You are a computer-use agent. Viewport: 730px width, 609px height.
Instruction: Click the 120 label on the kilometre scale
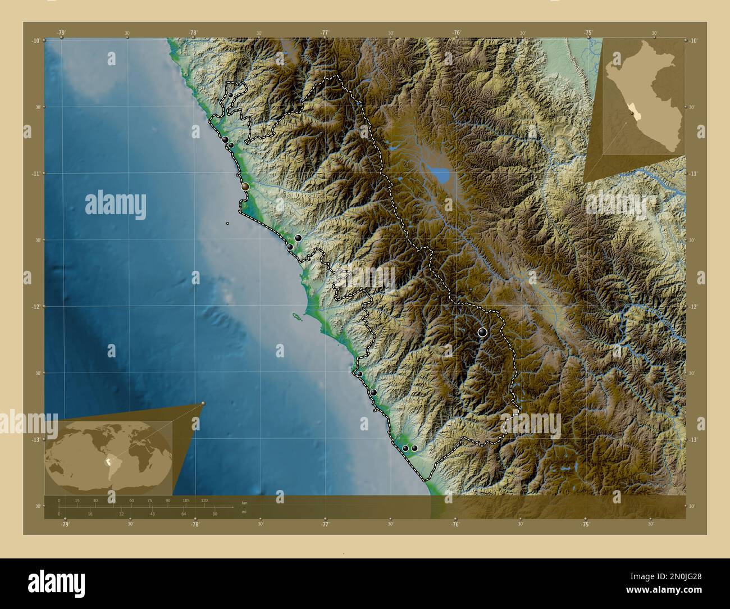[x=204, y=500]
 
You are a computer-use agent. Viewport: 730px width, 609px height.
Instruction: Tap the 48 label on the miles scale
[x=152, y=513]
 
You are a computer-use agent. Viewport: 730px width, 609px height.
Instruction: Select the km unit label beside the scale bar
[x=244, y=502]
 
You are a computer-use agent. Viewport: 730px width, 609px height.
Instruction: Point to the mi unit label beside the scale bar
[x=243, y=512]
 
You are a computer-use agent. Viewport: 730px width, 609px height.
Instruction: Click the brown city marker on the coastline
[x=245, y=186]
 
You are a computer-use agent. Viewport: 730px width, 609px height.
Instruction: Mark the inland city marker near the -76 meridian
[x=482, y=332]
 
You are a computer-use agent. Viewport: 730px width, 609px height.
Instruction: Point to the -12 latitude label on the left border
[x=35, y=306]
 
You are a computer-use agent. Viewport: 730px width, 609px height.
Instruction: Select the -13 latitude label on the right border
[x=693, y=439]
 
